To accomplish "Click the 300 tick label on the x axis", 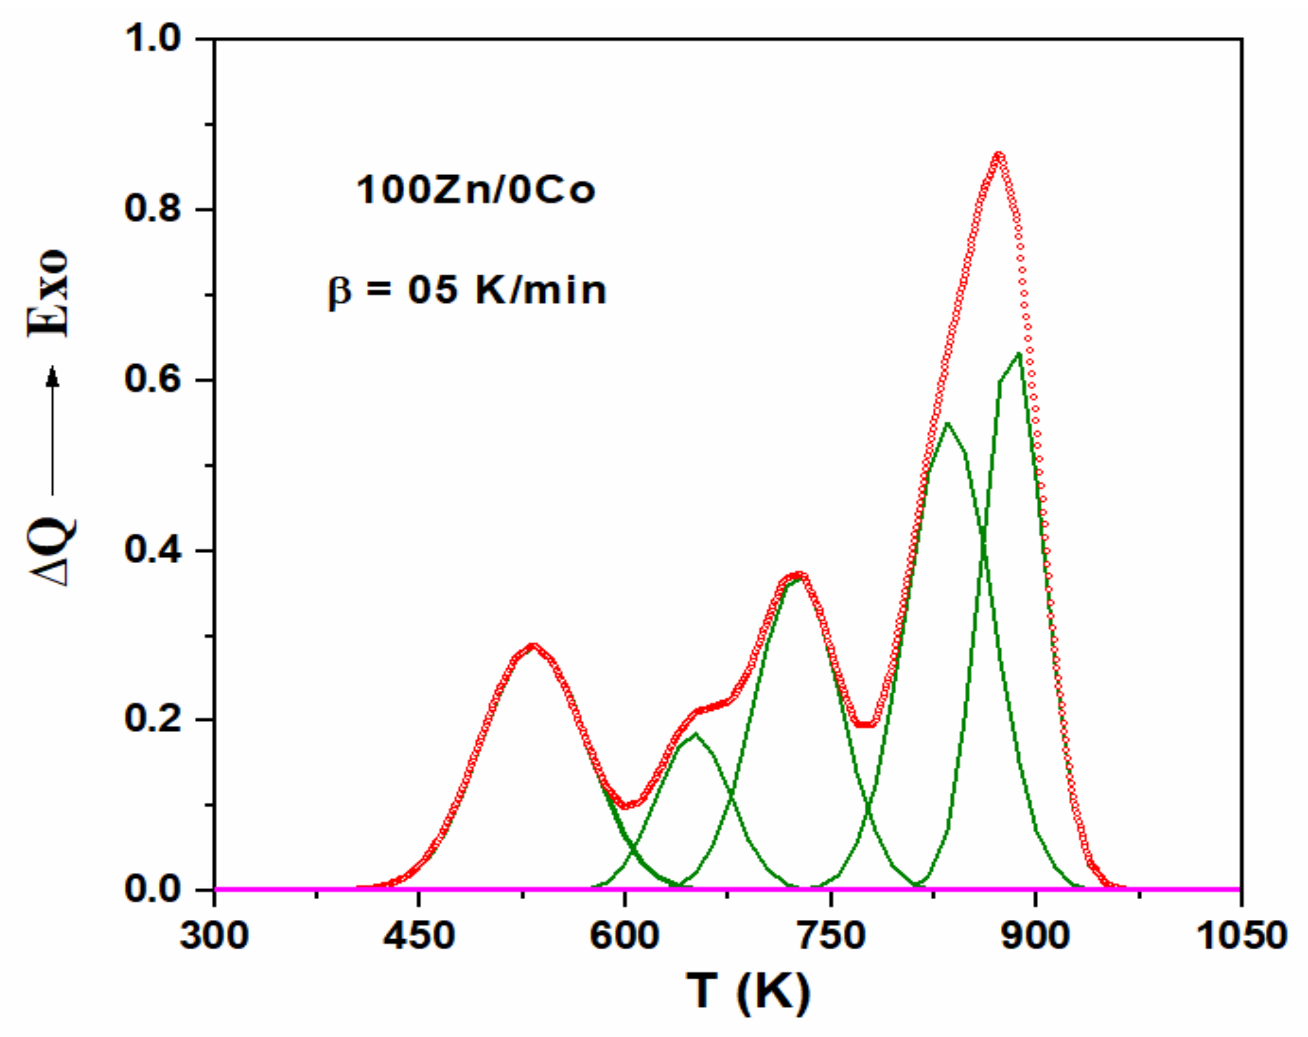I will pos(214,936).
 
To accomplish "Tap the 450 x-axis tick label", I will pos(419,936).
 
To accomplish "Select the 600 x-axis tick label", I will pos(624,936).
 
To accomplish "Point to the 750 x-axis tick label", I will pos(830,936).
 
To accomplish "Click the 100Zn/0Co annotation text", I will pos(475,191).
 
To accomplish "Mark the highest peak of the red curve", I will pos(999,155).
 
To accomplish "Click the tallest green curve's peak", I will pos(1019,354).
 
